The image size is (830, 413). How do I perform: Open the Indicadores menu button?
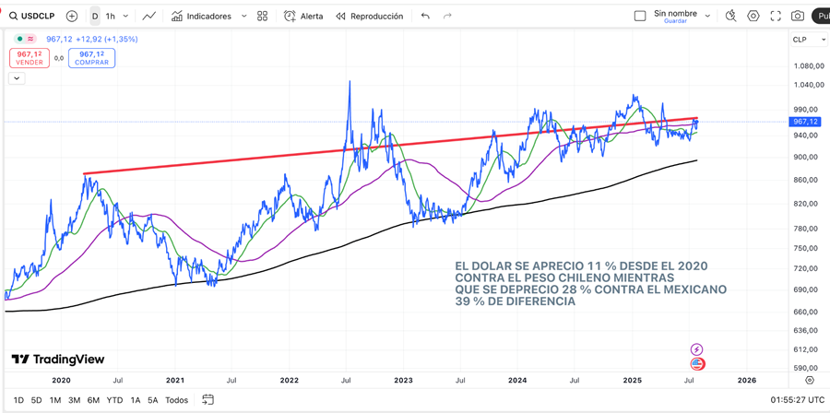click(x=208, y=16)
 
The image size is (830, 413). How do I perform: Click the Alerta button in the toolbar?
click(x=304, y=16)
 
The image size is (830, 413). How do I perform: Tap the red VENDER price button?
click(x=30, y=58)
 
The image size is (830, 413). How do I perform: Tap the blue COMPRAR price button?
click(x=91, y=58)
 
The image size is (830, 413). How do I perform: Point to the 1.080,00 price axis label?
click(x=808, y=65)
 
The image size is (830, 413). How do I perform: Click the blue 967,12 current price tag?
click(x=805, y=122)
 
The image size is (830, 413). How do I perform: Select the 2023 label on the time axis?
click(x=403, y=380)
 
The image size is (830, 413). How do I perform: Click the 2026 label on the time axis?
click(x=746, y=380)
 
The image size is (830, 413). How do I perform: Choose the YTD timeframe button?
click(x=114, y=400)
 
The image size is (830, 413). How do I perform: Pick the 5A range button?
click(x=153, y=400)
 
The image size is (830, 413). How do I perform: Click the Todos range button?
click(x=176, y=400)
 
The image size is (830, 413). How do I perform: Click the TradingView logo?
click(x=58, y=360)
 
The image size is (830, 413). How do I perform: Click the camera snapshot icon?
click(x=798, y=16)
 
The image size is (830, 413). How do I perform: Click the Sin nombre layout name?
click(x=675, y=14)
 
